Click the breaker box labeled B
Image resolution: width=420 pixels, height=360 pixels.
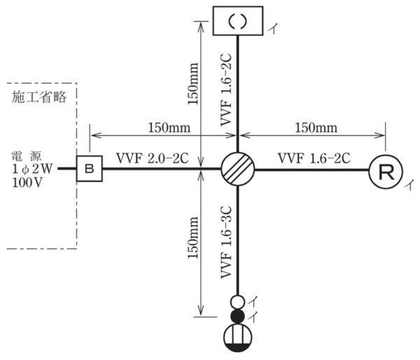(89, 169)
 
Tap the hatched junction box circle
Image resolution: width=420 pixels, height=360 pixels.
(238, 169)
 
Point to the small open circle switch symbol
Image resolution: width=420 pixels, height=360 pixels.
(238, 302)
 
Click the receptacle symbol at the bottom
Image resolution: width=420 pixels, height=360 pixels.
(238, 339)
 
